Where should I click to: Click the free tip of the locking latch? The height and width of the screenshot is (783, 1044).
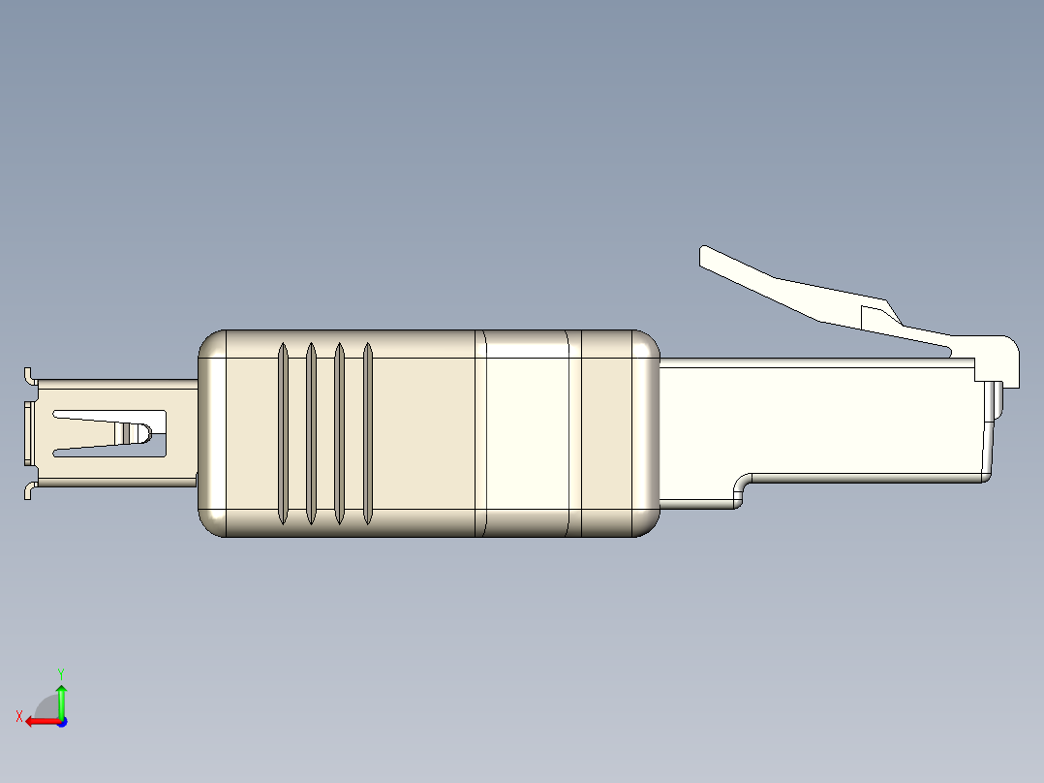708,256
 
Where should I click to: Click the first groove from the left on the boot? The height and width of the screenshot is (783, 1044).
283,434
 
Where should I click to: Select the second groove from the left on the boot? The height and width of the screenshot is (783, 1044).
311,434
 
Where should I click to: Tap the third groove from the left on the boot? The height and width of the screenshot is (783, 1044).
340,434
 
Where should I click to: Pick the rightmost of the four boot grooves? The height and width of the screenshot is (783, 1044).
368,434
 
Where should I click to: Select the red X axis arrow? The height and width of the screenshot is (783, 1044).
39,721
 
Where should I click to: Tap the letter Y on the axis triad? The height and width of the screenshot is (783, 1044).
60,672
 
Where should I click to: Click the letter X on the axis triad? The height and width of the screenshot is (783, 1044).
18,716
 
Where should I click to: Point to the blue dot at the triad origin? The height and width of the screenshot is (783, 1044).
61,722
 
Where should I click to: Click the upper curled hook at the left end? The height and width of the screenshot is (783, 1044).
28,376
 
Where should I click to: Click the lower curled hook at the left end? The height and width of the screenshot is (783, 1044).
28,491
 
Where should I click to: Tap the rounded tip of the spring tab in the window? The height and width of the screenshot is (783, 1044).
146,432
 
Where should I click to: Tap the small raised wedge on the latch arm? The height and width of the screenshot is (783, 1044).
878,314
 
